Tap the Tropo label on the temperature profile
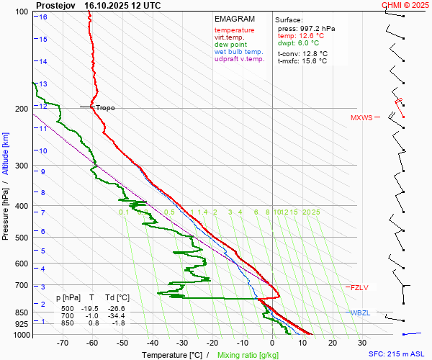pos(105,108)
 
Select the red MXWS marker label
pos(361,118)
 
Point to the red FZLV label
pos(359,288)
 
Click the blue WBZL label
pos(360,312)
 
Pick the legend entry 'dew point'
pos(230,45)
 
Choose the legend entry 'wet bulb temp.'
pos(239,52)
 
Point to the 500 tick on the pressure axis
pos(22,238)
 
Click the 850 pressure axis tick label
pos(22,312)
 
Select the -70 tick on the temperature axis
pos(63,344)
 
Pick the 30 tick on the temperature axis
pos(362,344)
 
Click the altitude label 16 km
pos(43,17)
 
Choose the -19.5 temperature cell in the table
pos(92,307)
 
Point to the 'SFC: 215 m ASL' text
pos(398,354)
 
